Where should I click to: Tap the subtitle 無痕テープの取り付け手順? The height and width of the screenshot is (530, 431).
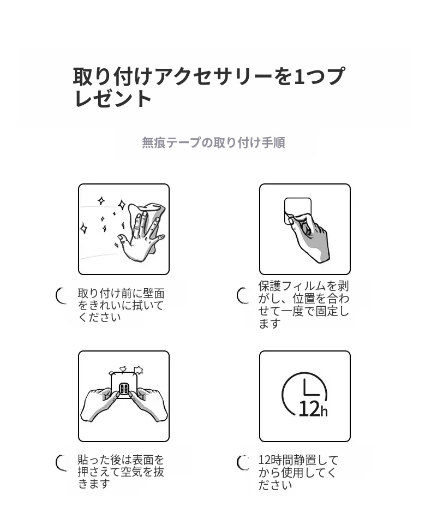(x=213, y=142)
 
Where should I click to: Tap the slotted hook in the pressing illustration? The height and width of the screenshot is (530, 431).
(x=124, y=389)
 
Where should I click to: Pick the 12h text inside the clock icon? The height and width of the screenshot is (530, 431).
(x=313, y=409)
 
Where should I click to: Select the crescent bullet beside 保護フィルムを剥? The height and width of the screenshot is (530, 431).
(x=243, y=296)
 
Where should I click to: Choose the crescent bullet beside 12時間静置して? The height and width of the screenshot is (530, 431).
(x=243, y=463)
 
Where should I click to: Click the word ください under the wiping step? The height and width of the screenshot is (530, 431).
(x=99, y=317)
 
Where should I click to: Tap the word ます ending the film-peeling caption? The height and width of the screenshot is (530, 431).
(x=270, y=324)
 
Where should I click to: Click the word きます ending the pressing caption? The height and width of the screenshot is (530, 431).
(x=94, y=484)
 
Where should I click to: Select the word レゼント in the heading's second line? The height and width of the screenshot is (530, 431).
(x=113, y=98)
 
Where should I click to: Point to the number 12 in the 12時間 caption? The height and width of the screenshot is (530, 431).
(x=264, y=460)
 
